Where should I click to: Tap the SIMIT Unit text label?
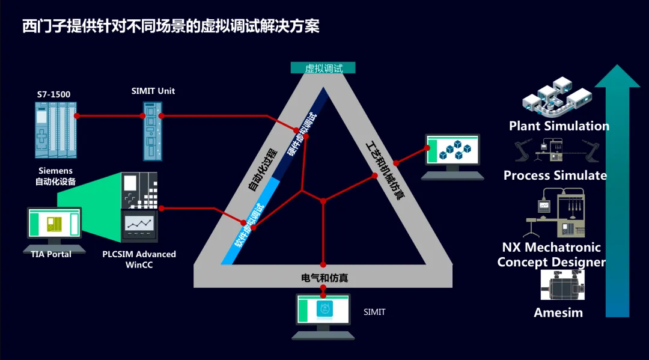(153, 91)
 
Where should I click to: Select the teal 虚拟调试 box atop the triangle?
(323, 68)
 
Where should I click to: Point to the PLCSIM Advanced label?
(139, 254)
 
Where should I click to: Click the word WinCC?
(139, 264)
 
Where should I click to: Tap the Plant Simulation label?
(559, 126)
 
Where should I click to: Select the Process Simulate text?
(555, 175)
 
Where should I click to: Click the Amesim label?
(558, 313)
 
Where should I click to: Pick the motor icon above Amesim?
(562, 285)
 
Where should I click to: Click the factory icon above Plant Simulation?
(556, 96)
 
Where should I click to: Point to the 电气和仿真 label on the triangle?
(324, 278)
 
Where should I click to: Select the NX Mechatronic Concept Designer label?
(551, 255)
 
